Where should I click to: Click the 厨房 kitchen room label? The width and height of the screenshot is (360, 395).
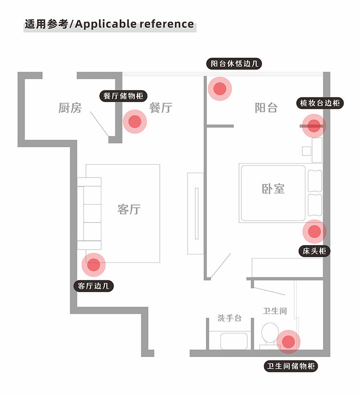point(70,108)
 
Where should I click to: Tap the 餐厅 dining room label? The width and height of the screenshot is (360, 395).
point(160,108)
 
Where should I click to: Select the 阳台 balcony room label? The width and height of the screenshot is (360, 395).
point(266,108)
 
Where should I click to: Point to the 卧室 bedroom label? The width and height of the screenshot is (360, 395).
point(273,189)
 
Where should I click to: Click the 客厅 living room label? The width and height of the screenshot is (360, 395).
point(129,209)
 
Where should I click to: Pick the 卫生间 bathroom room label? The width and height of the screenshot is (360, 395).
point(275,311)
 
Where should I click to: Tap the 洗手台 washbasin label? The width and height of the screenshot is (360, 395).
point(229,318)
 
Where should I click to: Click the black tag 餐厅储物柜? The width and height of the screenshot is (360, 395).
point(123,96)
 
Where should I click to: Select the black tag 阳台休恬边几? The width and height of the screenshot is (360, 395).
point(236,64)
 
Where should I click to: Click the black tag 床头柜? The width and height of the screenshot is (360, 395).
point(314,251)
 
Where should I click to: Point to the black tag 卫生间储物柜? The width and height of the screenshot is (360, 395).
point(291,367)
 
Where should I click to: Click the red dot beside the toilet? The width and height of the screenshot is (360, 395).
point(288,342)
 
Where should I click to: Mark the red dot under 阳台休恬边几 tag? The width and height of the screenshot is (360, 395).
point(220,88)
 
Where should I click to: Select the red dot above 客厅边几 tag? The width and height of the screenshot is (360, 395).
point(94,264)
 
